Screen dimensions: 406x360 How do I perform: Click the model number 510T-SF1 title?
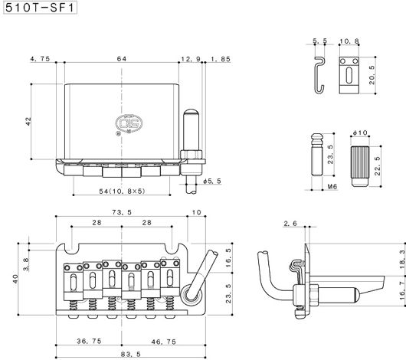(x=40, y=8)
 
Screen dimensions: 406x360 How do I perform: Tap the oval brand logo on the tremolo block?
(x=129, y=123)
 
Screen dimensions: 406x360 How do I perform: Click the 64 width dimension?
(x=122, y=59)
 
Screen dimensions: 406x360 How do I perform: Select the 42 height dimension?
(x=28, y=122)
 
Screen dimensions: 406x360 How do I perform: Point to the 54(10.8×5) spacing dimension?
(x=122, y=191)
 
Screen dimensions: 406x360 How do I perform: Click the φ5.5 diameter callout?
(x=212, y=181)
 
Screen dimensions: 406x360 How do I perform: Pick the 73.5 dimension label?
(x=122, y=212)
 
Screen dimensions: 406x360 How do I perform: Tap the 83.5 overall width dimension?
(x=131, y=354)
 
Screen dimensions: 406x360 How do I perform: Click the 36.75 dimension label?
(x=89, y=341)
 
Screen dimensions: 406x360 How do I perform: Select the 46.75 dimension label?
(x=164, y=342)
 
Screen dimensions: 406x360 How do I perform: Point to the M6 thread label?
(x=332, y=186)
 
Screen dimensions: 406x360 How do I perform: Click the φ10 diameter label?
(x=360, y=133)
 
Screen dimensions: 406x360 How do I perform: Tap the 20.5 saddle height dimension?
(x=372, y=75)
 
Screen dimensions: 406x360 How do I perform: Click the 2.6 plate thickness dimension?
(x=290, y=224)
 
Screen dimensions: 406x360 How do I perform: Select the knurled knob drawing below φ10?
(x=360, y=166)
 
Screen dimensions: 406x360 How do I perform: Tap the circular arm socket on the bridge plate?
(x=191, y=294)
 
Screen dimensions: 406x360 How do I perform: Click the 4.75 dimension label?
(x=40, y=59)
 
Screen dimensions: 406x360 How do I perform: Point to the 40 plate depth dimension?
(x=15, y=279)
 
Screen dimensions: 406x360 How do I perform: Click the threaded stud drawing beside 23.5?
(x=317, y=155)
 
